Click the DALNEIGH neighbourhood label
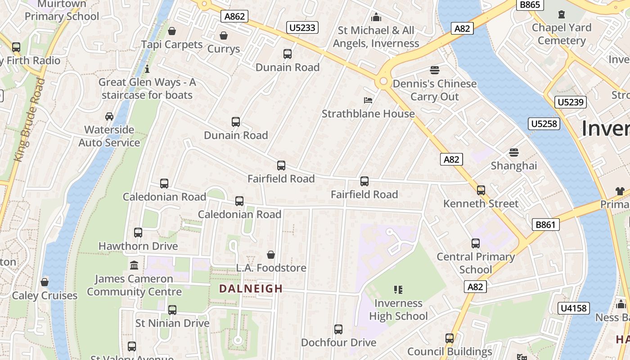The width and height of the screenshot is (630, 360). pos(251,289)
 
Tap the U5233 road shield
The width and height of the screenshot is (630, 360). pos(302,28)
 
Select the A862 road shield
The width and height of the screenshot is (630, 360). pos(235,17)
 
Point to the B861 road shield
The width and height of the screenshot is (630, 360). pos(545,225)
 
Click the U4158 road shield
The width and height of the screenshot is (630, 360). pos(573,308)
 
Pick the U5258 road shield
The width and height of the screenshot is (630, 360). pos(544,124)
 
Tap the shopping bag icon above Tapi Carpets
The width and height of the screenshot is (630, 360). pos(172,31)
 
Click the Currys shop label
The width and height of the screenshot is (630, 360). pos(224,49)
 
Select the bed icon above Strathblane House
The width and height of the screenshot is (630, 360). pos(368,100)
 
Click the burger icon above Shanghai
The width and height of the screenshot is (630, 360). pos(514,153)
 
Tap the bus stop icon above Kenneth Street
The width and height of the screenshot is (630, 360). pos(481,190)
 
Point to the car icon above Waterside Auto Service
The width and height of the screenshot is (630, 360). pos(109,117)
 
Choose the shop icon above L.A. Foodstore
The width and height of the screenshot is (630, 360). pos(271,255)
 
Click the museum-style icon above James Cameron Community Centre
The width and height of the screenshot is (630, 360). pos(134,265)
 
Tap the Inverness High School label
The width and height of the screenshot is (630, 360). pos(398,310)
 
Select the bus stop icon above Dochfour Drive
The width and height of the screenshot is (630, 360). pos(338,329)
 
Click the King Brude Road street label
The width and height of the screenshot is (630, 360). pos(30,120)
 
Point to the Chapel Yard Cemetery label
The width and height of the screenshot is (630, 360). pos(562,34)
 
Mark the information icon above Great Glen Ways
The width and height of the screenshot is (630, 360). pos(147,69)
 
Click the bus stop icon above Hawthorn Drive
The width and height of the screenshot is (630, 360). pos(138,233)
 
